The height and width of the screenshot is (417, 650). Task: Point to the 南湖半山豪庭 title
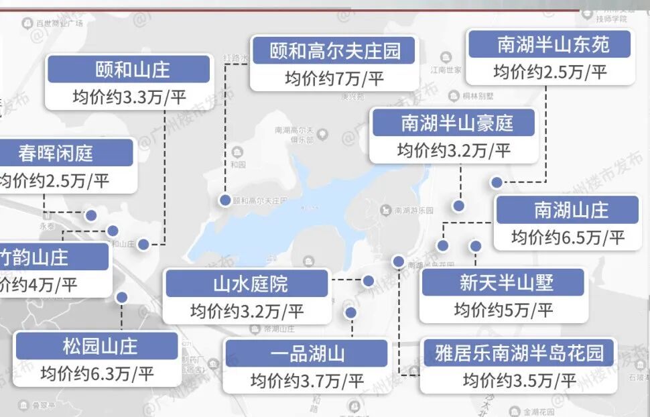[454, 123]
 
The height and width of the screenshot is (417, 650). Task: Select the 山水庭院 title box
[247, 284]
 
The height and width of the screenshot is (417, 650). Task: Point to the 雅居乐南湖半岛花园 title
[519, 353]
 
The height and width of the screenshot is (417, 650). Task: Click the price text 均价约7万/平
[334, 78]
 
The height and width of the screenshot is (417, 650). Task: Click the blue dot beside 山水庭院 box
[368, 281]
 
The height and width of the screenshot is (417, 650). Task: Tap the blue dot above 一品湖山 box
[350, 312]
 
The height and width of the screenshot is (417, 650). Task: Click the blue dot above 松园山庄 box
[121, 298]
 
